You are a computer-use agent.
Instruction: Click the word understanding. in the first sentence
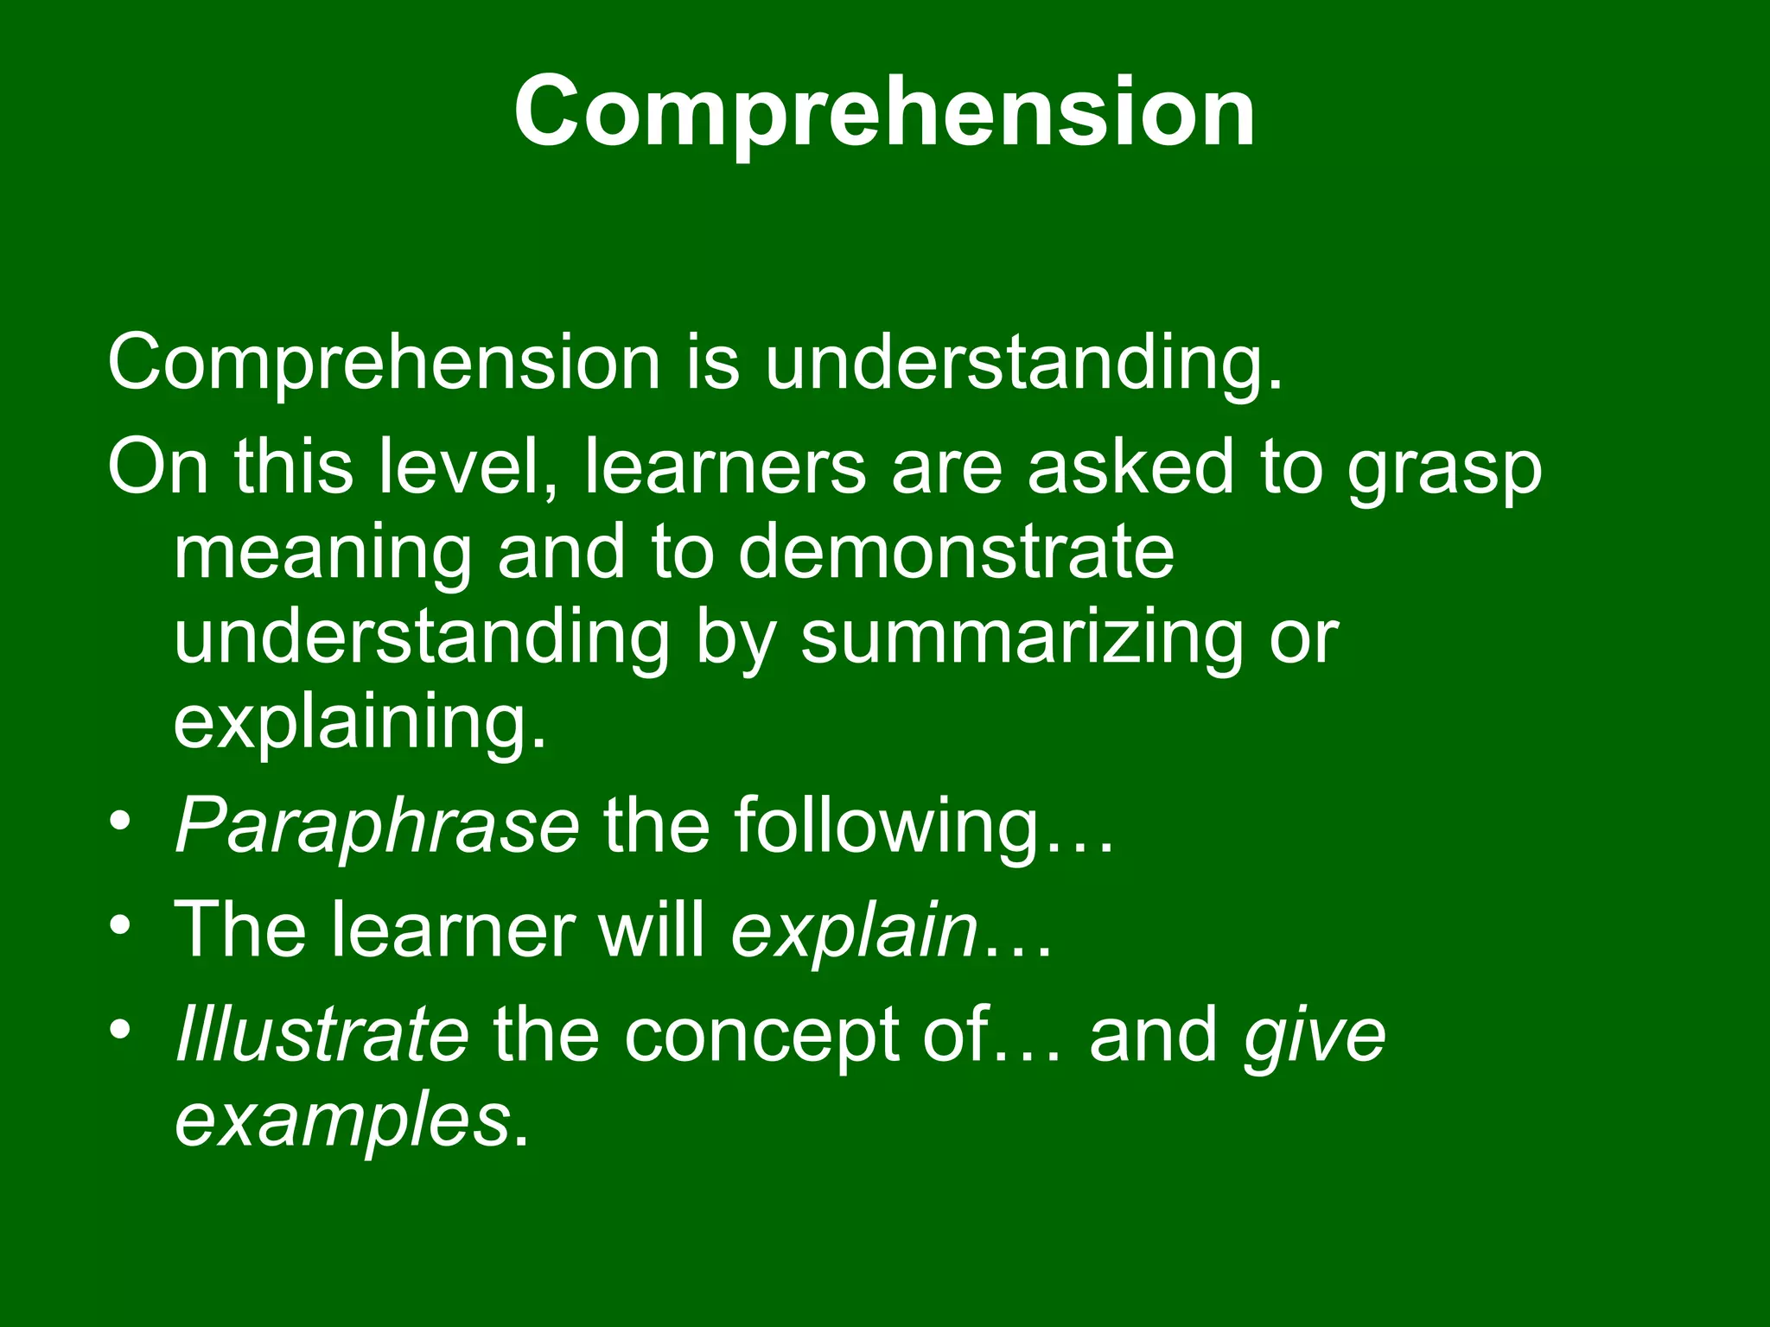tap(1023, 362)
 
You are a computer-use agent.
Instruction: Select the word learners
tap(725, 467)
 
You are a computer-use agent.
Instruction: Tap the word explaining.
tap(360, 724)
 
